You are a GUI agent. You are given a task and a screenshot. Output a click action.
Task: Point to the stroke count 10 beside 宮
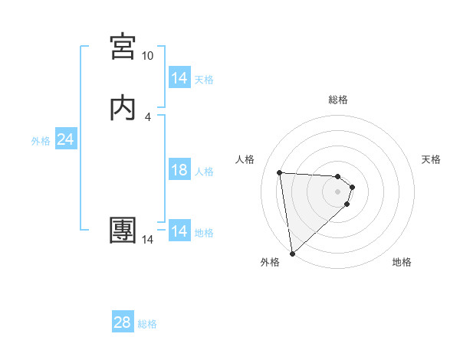pos(147,56)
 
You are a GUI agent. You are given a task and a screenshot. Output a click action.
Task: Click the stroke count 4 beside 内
pos(148,116)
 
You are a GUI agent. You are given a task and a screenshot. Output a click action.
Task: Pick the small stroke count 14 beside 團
pos(147,240)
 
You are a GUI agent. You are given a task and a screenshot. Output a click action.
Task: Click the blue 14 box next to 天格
pos(179,78)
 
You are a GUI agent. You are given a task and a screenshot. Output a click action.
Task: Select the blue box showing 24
pos(65,139)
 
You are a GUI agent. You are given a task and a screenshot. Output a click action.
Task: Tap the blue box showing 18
pos(179,170)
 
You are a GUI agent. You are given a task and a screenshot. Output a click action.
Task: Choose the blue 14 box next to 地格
pos(179,231)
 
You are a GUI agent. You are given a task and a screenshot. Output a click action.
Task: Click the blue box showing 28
pos(123,322)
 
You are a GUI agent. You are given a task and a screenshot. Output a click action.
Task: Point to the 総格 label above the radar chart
pos(338,100)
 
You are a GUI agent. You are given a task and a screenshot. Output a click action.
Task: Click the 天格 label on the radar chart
pos(431,159)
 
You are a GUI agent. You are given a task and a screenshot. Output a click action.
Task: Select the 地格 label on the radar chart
pos(402,262)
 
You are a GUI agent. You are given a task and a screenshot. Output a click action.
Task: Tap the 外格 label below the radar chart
pos(270,262)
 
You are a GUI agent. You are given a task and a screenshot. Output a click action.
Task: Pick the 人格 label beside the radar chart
pos(245,159)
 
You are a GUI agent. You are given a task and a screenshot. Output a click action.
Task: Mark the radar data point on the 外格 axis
pos(291,253)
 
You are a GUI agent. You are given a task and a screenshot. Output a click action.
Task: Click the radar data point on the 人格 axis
pos(280,172)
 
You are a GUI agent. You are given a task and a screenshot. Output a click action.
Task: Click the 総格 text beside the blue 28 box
pos(147,324)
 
